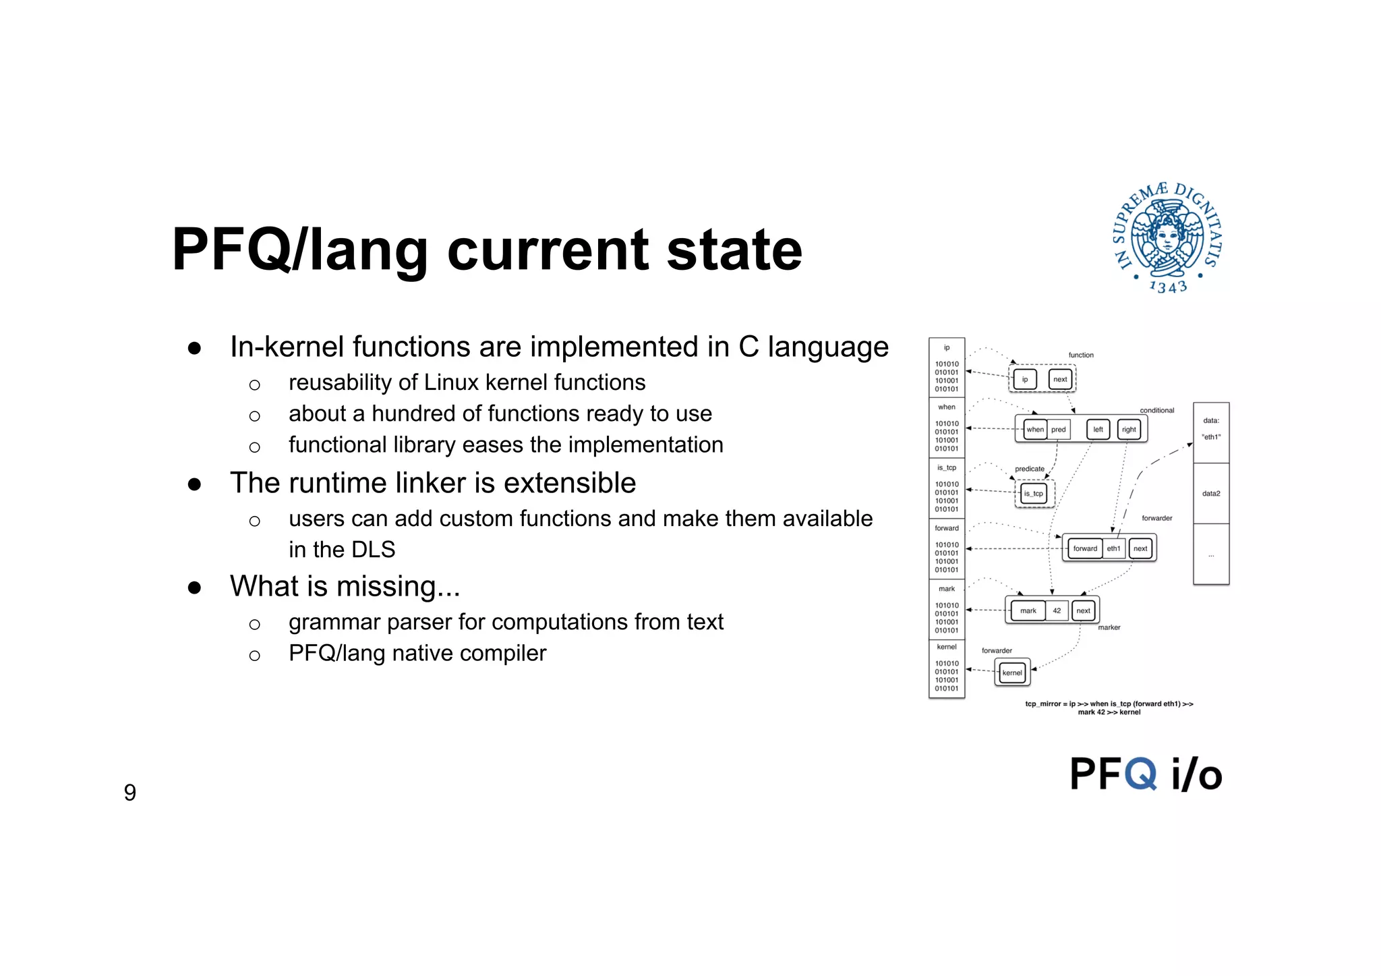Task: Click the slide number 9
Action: point(130,793)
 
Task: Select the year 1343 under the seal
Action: point(1168,287)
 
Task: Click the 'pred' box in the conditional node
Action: point(1059,430)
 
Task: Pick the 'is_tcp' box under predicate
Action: point(1033,494)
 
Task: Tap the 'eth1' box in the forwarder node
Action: point(1113,548)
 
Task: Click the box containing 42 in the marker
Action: point(1057,610)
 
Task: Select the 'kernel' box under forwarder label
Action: point(1012,672)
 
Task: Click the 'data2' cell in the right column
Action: point(1211,494)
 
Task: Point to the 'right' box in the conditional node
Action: point(1129,430)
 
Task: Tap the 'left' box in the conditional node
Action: point(1098,430)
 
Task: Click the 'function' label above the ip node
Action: point(1081,355)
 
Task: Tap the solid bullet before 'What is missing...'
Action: point(195,587)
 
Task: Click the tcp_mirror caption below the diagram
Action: point(1109,708)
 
